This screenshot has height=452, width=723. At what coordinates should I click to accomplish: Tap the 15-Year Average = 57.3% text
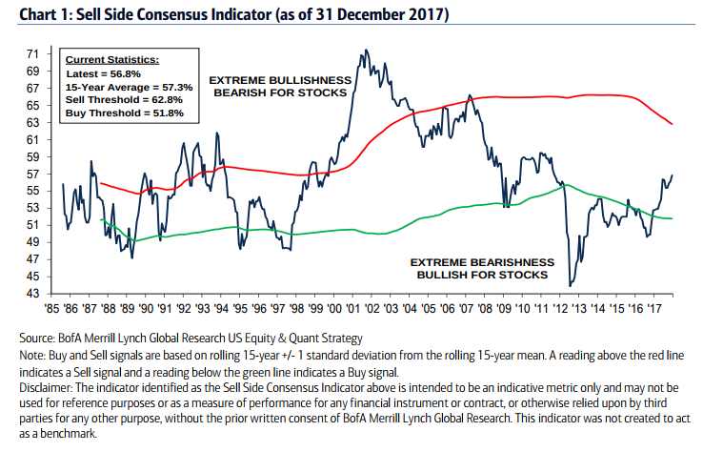click(x=129, y=87)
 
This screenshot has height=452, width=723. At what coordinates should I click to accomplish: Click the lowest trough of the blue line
click(x=570, y=285)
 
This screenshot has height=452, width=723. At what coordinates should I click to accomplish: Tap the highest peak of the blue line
click(x=363, y=51)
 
